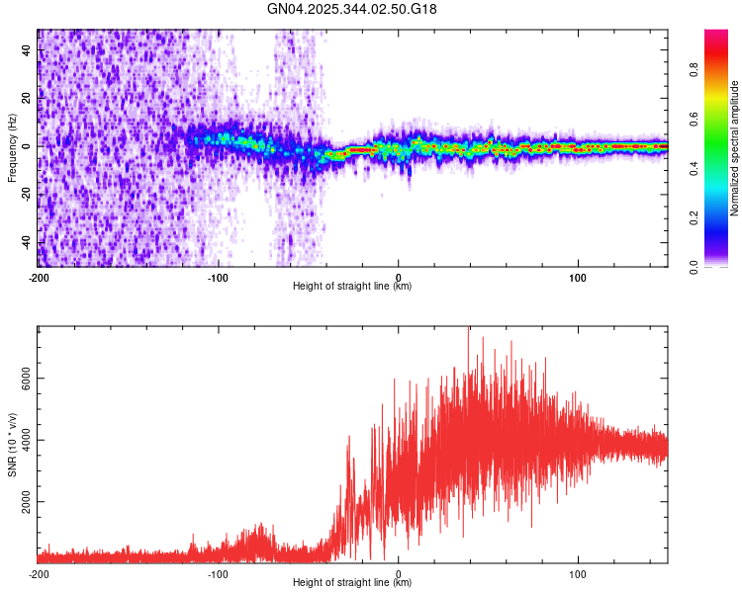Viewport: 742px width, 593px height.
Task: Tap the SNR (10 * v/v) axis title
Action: click(x=12, y=445)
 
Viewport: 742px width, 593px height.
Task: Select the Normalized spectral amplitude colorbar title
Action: click(x=735, y=148)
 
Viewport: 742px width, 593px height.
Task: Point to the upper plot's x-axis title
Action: click(x=352, y=287)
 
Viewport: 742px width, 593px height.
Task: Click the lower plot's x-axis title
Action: click(x=352, y=583)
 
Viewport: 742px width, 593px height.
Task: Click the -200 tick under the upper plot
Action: click(x=40, y=276)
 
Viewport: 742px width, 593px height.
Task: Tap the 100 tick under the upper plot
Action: click(x=579, y=276)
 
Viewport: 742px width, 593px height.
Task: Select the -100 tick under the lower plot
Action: click(x=219, y=572)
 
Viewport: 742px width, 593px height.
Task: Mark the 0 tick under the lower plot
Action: click(x=399, y=572)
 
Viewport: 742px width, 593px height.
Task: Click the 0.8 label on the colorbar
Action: click(x=694, y=71)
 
